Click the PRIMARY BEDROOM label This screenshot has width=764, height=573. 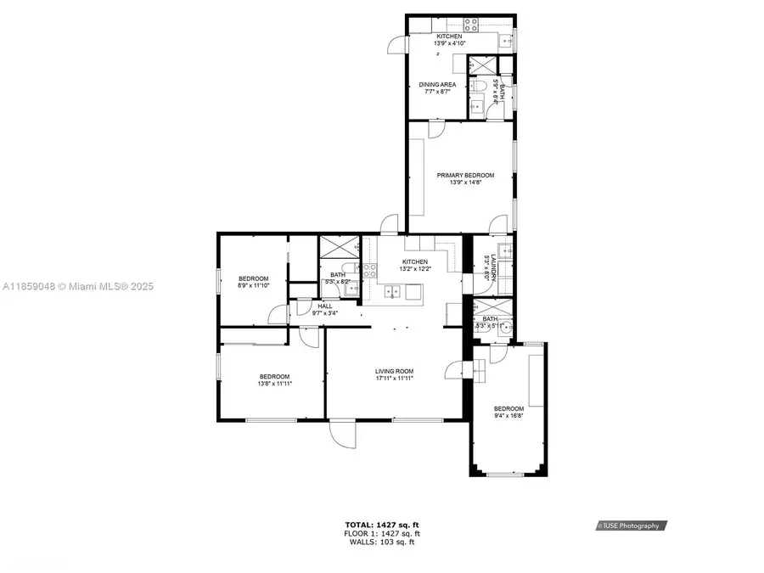click(465, 176)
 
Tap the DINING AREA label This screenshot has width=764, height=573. click(437, 85)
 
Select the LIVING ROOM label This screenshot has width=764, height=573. click(394, 371)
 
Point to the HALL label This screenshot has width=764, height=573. click(324, 306)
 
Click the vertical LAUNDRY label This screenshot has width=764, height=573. click(486, 268)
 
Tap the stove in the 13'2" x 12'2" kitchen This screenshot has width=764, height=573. click(370, 271)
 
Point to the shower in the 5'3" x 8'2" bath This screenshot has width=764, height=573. click(336, 247)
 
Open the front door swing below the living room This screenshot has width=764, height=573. click(343, 435)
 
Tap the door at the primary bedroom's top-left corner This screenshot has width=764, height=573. click(435, 130)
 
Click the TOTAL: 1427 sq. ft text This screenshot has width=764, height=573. click(381, 525)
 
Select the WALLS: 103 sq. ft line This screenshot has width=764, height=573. click(381, 542)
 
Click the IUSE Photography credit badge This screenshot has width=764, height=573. click(631, 525)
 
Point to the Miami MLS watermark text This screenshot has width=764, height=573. click(76, 287)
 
